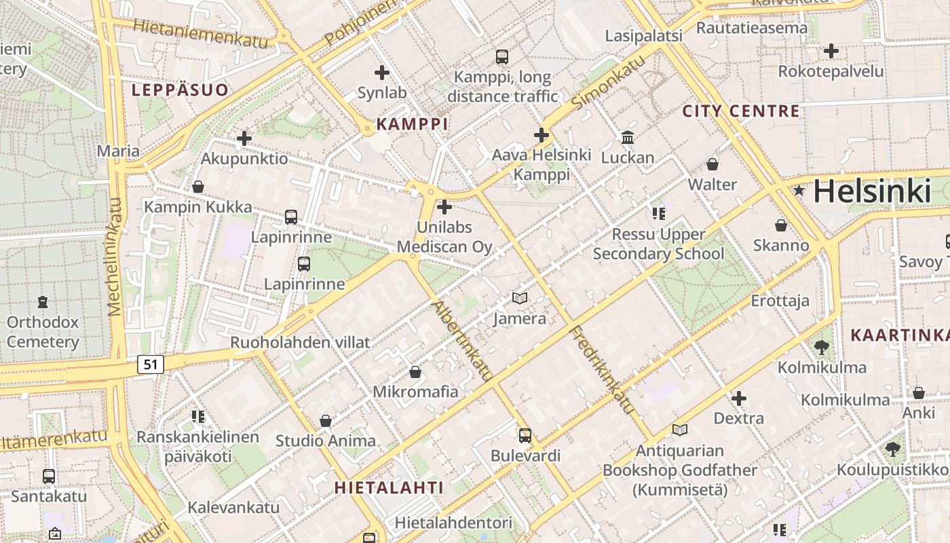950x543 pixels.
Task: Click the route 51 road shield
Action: pos(151,364)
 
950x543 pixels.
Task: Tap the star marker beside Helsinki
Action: pos(799,191)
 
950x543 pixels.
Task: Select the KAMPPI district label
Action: pos(412,124)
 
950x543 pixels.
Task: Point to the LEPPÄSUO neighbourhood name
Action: pos(180,90)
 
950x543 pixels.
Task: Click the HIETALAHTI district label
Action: pos(389,487)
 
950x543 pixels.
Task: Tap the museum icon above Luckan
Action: pos(628,138)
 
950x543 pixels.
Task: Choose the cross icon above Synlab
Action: pos(382,72)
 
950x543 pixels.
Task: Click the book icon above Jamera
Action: pos(520,298)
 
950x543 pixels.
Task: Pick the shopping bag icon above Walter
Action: pos(712,164)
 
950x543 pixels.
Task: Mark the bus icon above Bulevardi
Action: pos(525,435)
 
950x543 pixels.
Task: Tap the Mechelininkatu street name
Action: pos(115,257)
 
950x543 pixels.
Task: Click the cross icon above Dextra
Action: pos(739,398)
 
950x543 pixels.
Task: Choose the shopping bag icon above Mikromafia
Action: pos(415,372)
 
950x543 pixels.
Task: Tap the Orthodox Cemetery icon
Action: pos(43,301)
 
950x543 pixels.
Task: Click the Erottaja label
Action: pos(780,301)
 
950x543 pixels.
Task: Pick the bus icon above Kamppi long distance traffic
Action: pos(502,57)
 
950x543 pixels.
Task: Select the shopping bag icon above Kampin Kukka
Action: pos(198,186)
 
